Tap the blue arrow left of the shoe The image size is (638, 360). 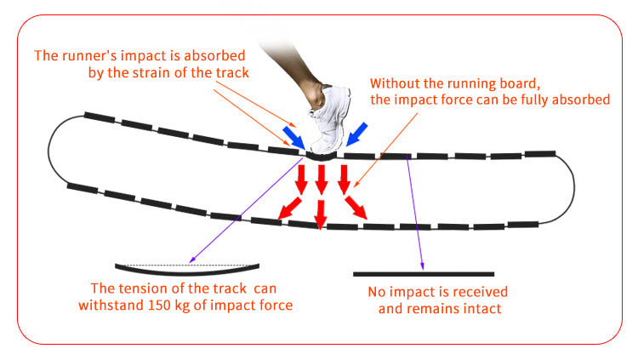coord(293,138)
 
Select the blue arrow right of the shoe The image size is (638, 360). coord(356,134)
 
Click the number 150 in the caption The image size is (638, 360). coord(157,305)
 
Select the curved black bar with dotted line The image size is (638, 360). coord(187,269)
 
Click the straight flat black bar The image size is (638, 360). coord(424,274)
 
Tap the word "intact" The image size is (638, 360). coord(482,308)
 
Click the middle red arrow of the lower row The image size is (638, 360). coord(321,214)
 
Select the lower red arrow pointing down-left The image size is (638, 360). coord(290,209)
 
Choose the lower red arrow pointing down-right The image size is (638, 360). coord(356,208)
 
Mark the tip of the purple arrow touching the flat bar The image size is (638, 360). coord(423,270)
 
